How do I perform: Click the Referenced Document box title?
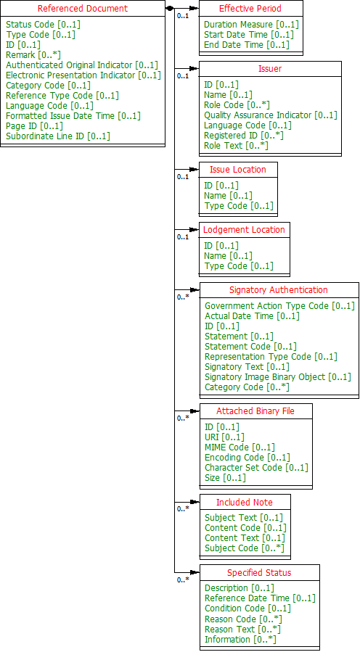[x=82, y=9]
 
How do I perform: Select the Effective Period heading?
[x=250, y=9]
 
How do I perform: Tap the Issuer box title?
[x=270, y=69]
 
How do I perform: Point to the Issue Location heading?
[x=238, y=169]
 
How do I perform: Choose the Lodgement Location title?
[x=244, y=229]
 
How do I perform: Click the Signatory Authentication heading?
[x=279, y=289]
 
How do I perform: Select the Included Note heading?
[x=245, y=502]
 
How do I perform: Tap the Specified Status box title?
[x=259, y=572]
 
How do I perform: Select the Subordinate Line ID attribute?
[x=58, y=136]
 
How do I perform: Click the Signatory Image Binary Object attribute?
[x=277, y=376]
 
